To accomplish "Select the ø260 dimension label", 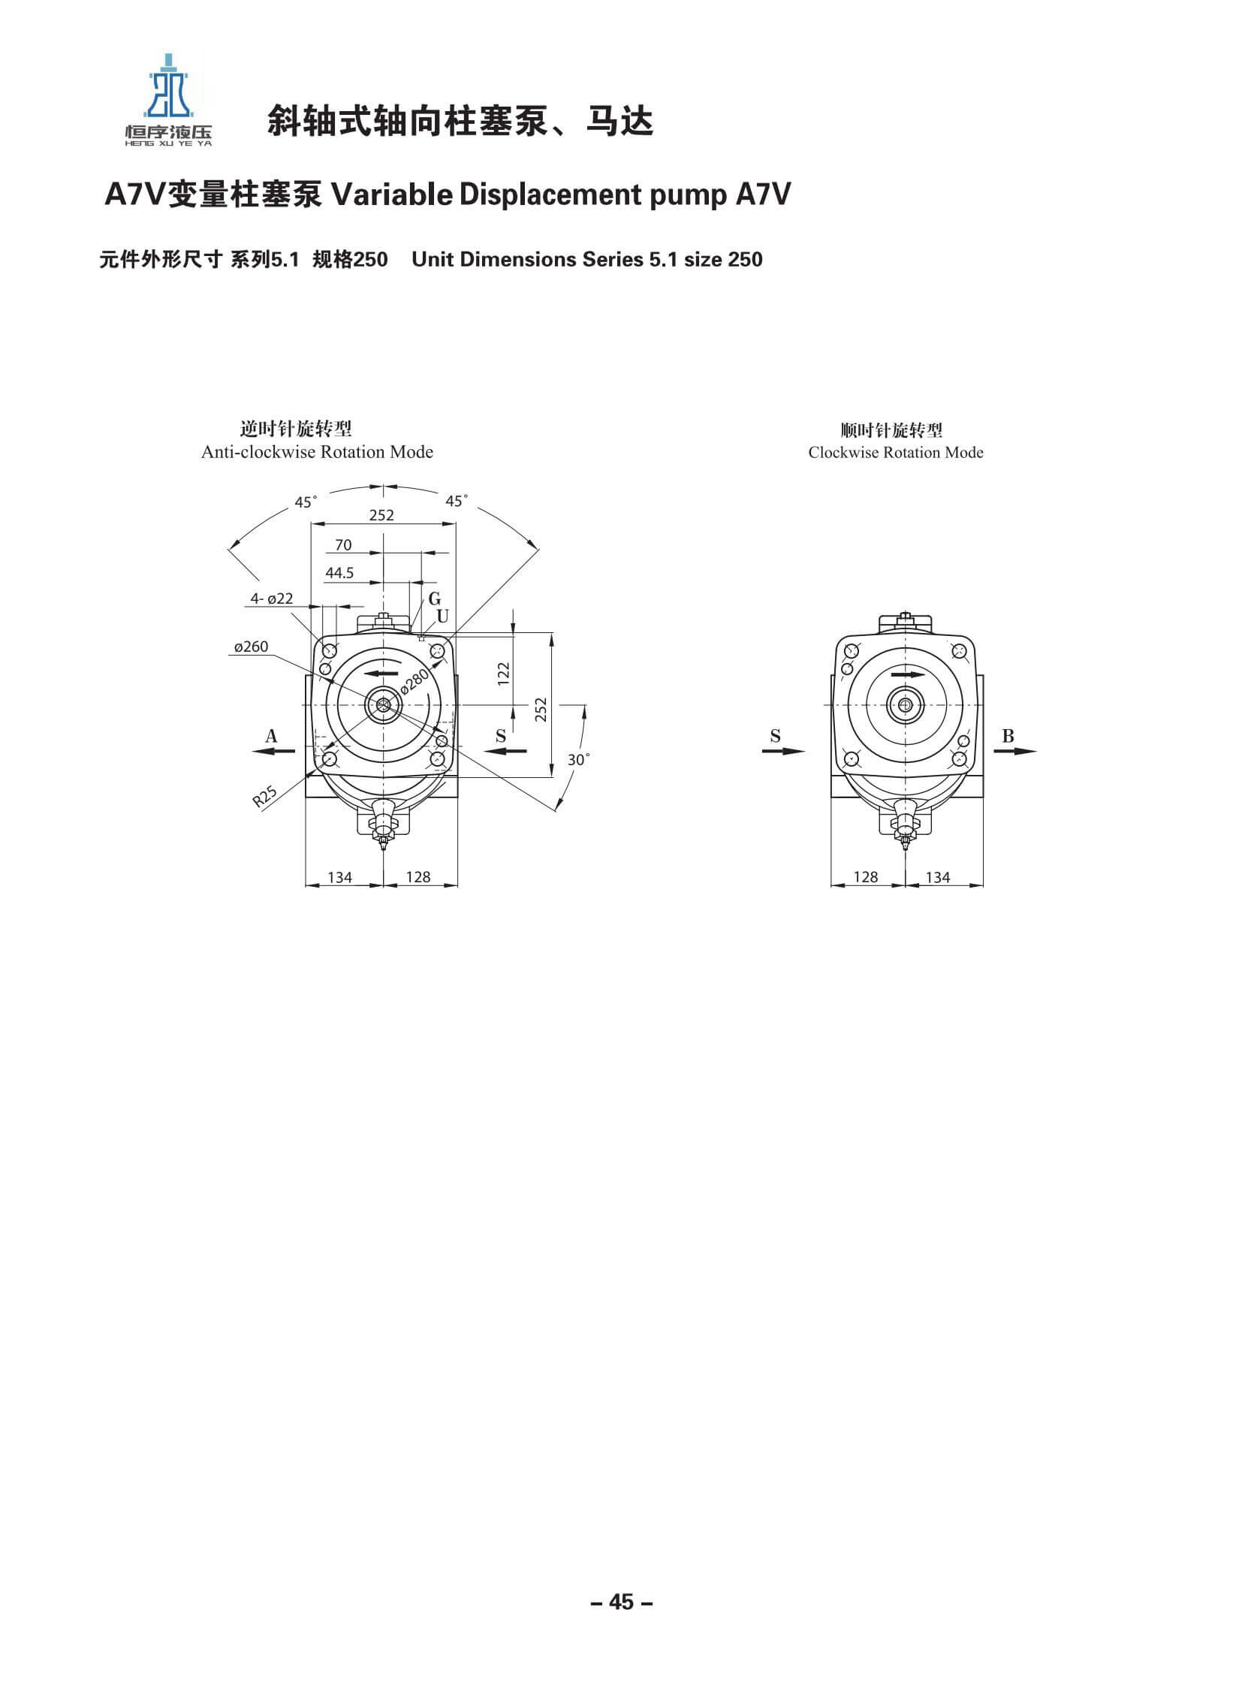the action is click(250, 647).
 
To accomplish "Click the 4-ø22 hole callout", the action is click(271, 598).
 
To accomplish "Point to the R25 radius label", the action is click(264, 796).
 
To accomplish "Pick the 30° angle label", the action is click(578, 759).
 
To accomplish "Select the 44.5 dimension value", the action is click(339, 573).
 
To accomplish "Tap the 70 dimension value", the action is click(343, 545).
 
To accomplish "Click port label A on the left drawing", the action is click(271, 736).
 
